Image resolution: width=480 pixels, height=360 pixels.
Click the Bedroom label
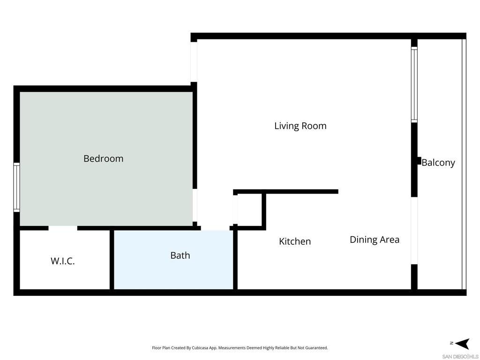pos(104,158)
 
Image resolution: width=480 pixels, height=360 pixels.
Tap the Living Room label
pos(300,126)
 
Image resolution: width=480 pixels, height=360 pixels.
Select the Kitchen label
pos(295,241)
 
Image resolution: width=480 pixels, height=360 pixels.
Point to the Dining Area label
pos(375,240)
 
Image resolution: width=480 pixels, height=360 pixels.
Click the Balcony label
pos(438,163)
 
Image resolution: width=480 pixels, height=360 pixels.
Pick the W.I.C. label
pos(62,261)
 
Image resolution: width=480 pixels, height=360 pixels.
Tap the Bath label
pos(180,255)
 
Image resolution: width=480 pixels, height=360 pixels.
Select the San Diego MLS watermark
pos(460,357)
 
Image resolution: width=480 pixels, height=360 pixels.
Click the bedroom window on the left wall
pos(16,187)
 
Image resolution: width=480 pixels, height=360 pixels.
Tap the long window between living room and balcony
pos(414,84)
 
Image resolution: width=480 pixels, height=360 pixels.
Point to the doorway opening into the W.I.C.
pos(63,228)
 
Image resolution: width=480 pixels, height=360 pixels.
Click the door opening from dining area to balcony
pos(414,231)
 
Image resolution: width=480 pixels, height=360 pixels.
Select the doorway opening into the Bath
pos(215,228)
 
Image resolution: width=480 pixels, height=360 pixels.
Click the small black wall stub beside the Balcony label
pos(419,161)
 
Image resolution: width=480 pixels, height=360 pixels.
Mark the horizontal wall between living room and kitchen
pos(286,192)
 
